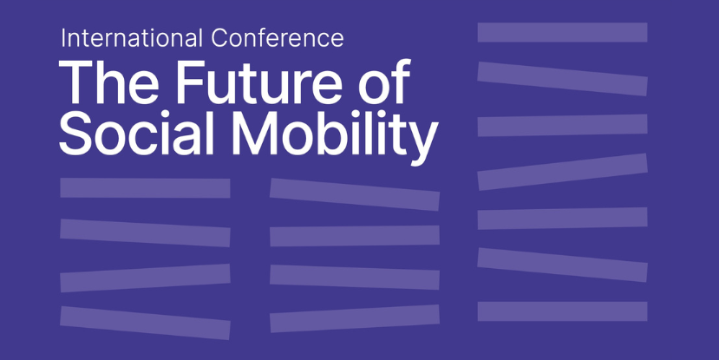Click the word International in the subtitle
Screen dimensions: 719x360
[132, 38]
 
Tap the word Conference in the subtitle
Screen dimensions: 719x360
[278, 38]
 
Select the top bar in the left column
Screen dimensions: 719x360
[145, 188]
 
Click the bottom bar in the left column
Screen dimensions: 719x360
[145, 323]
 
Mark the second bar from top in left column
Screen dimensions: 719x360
[145, 233]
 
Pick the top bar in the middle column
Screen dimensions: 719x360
[355, 194]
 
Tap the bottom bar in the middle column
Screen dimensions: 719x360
[355, 318]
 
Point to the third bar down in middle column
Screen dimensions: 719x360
[355, 278]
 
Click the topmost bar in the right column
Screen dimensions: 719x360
[562, 33]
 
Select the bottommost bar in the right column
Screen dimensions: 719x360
[562, 311]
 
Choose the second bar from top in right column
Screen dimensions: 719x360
[562, 79]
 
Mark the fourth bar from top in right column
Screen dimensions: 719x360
[562, 172]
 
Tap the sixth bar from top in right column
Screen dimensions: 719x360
[562, 265]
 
